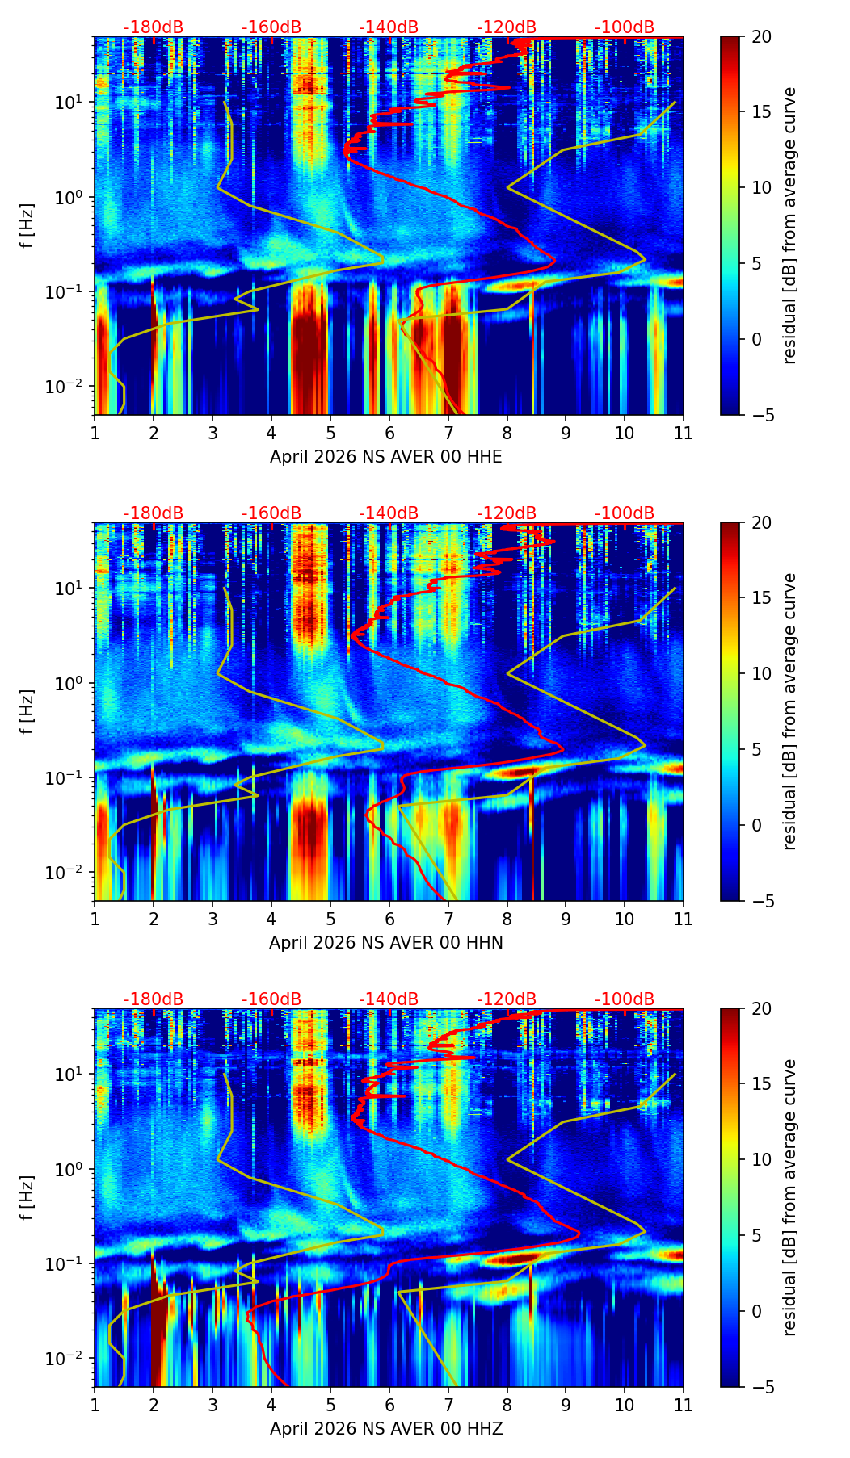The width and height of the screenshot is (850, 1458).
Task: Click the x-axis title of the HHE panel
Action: [x=385, y=457]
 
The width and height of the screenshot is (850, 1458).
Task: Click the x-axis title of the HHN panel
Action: [x=385, y=943]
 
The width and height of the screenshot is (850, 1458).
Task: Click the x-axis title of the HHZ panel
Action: [x=385, y=1429]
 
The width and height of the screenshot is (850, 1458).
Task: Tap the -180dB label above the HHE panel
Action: [x=154, y=27]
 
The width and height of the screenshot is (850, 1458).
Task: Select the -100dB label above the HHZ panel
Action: [x=625, y=999]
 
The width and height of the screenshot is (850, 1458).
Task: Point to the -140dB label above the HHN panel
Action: [x=389, y=513]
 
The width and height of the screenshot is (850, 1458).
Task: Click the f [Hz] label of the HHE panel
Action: [x=27, y=225]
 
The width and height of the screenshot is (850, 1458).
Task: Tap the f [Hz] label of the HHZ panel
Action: [x=27, y=1197]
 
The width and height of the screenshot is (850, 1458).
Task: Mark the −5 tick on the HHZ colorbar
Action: [x=764, y=1387]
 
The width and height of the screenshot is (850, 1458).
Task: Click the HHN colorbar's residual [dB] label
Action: [x=789, y=711]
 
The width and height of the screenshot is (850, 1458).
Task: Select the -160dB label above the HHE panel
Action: [x=271, y=27]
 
